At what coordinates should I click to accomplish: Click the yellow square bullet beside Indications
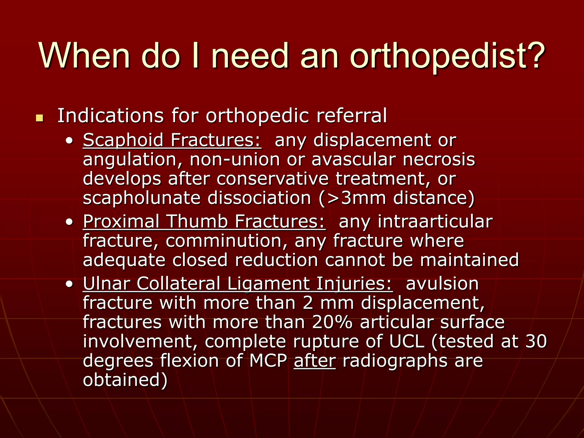(x=40, y=117)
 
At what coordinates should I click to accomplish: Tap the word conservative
(x=272, y=179)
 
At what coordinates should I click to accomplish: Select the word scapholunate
(x=142, y=198)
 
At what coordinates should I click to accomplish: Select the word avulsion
(x=442, y=284)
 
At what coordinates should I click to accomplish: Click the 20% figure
(x=332, y=323)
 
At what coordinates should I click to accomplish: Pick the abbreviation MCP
(x=268, y=361)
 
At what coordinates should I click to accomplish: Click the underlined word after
(x=315, y=361)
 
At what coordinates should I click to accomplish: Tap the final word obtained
(x=125, y=380)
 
